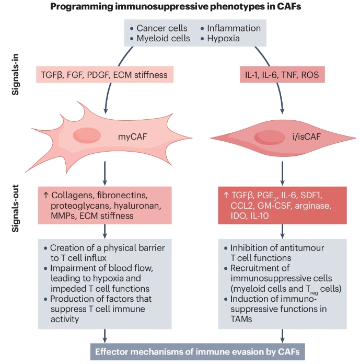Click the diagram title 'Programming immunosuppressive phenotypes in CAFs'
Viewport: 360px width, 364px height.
point(179,7)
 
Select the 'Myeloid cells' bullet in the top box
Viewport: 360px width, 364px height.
point(163,39)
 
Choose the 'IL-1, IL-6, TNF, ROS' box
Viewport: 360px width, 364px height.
point(283,75)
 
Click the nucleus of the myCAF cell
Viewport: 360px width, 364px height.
point(87,134)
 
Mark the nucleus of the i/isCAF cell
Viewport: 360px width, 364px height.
point(268,138)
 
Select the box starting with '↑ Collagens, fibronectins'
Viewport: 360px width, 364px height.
point(105,206)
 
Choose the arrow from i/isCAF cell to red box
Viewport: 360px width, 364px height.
point(283,172)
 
